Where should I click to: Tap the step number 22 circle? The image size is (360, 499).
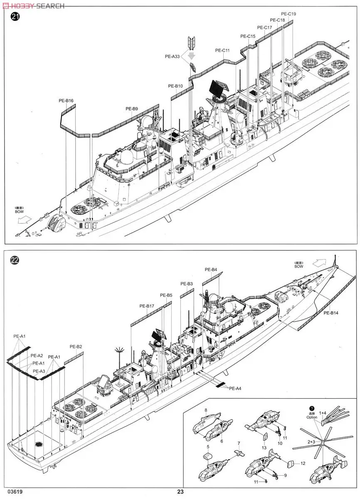(15, 261)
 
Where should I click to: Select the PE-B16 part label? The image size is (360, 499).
(66, 101)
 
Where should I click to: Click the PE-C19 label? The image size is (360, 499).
(288, 14)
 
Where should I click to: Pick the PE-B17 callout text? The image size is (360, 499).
(147, 306)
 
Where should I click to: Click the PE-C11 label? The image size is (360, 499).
(222, 50)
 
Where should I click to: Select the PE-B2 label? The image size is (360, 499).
(76, 346)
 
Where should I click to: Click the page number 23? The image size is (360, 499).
(180, 492)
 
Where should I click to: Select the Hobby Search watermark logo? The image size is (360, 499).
(33, 5)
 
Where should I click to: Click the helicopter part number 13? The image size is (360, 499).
(264, 447)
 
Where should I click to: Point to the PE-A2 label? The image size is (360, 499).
(37, 356)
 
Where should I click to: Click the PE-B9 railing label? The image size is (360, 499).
(131, 109)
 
